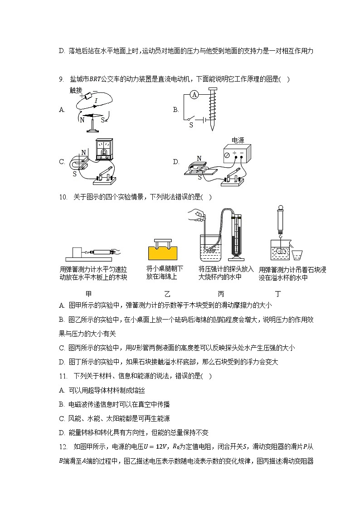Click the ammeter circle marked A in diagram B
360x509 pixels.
coord(195,95)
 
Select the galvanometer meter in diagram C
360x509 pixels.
coord(103,150)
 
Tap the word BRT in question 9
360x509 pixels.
coord(95,79)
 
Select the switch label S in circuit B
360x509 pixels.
coord(191,125)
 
